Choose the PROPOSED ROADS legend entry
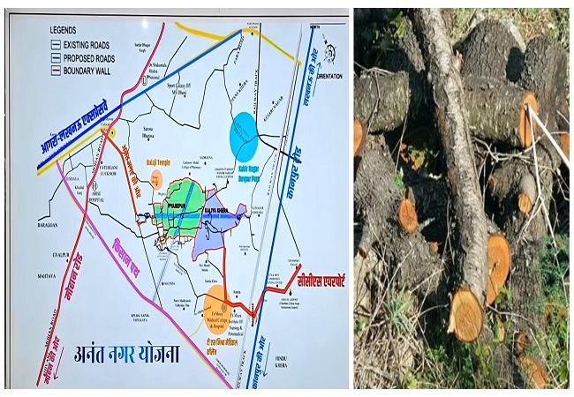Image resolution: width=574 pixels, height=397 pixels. (83, 57)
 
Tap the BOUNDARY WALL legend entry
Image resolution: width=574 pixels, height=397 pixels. (82, 71)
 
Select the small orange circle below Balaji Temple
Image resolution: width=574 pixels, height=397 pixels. (158, 181)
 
